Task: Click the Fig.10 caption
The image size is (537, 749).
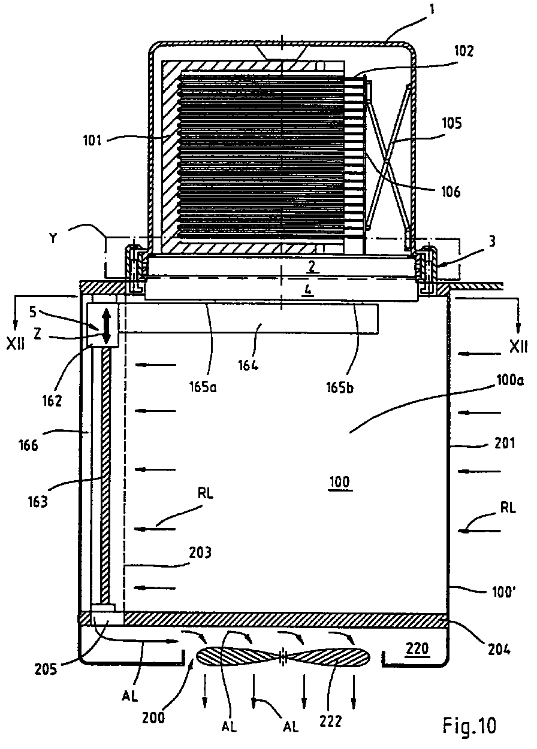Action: coord(469,726)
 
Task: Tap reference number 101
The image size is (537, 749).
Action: coord(92,141)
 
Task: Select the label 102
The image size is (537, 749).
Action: coord(464,51)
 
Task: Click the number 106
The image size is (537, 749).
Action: coord(451,192)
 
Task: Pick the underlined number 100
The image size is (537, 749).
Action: coord(340,482)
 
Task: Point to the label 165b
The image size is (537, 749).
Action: coord(340,387)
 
